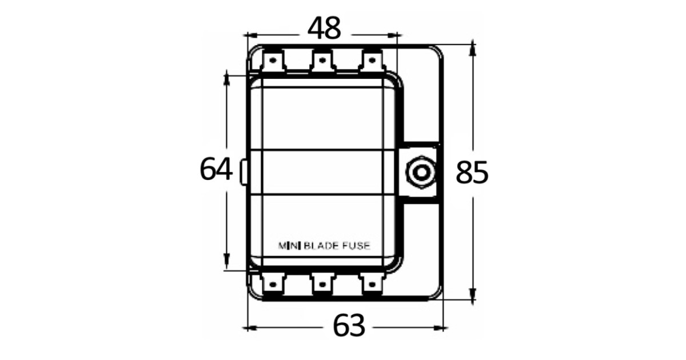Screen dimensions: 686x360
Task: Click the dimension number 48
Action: pyautogui.click(x=324, y=28)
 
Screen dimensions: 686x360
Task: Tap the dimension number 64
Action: pyautogui.click(x=216, y=169)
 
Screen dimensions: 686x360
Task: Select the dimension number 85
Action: pyautogui.click(x=472, y=173)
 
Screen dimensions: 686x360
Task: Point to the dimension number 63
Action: pyautogui.click(x=349, y=325)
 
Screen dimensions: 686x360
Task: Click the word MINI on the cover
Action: pyautogui.click(x=289, y=246)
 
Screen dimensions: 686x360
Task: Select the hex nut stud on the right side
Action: pyautogui.click(x=421, y=173)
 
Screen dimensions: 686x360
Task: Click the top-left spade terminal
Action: pyautogui.click(x=273, y=61)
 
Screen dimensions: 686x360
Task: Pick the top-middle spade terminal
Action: pyautogui.click(x=322, y=61)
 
